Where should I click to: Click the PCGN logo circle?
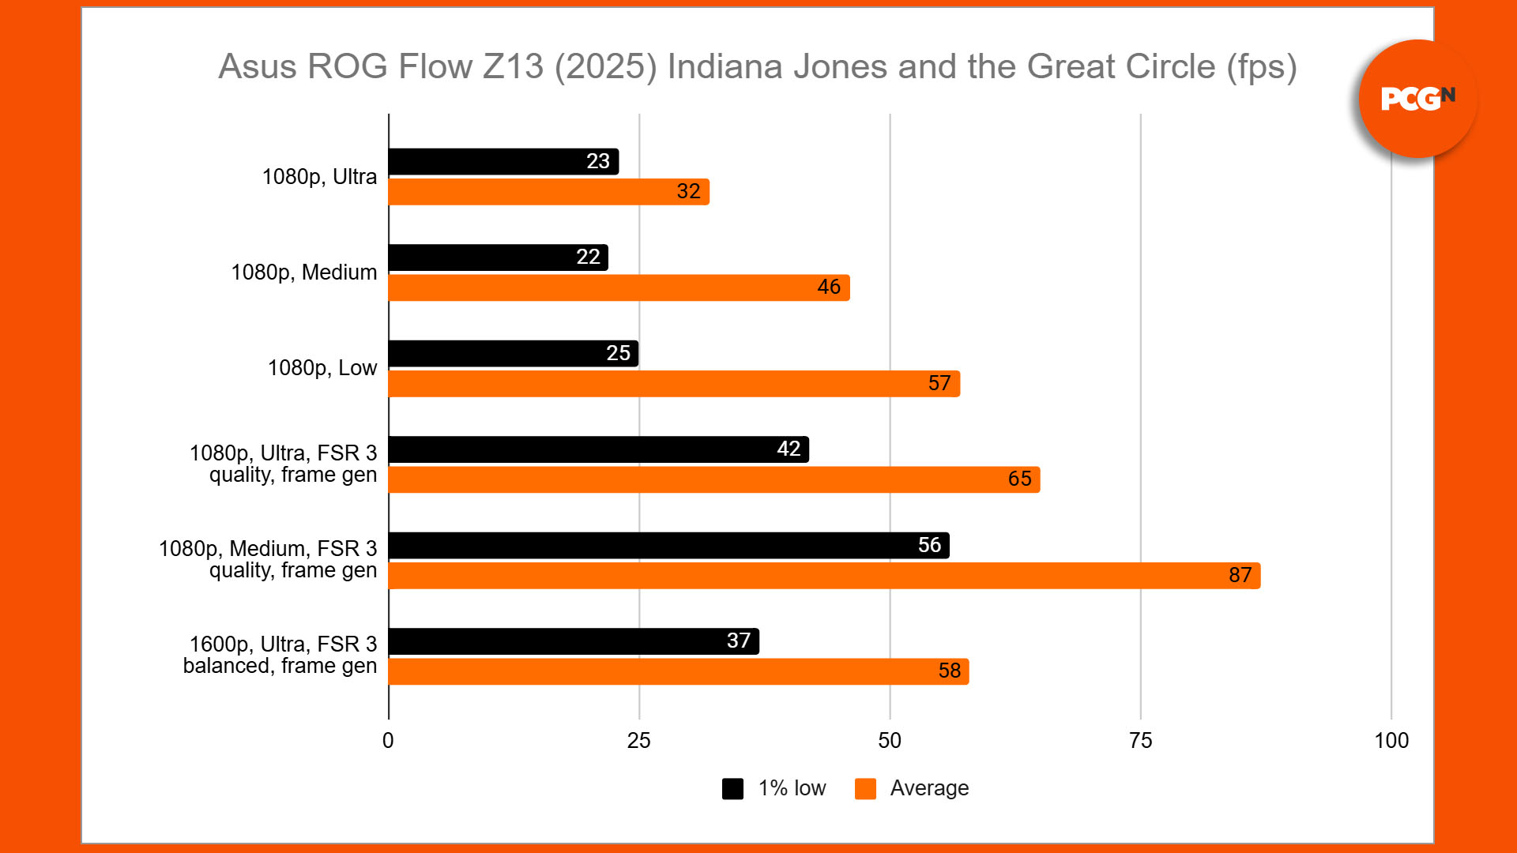1417,99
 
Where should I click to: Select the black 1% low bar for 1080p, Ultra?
503,162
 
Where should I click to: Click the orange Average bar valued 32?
548,192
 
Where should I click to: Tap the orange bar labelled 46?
619,287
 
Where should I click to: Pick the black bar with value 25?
513,354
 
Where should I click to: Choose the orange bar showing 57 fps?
674,384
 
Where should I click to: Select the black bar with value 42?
598,449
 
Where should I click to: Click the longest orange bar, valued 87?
824,576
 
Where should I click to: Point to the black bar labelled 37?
574,641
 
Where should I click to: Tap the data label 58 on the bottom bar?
949,671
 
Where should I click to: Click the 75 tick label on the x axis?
1140,741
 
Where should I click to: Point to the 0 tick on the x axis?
388,741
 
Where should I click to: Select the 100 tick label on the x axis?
1391,741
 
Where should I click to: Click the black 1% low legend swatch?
732,788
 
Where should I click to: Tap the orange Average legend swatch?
865,788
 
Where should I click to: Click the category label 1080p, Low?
322,368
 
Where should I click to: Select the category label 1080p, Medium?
304,272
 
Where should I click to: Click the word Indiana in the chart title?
726,67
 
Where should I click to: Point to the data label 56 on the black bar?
929,545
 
